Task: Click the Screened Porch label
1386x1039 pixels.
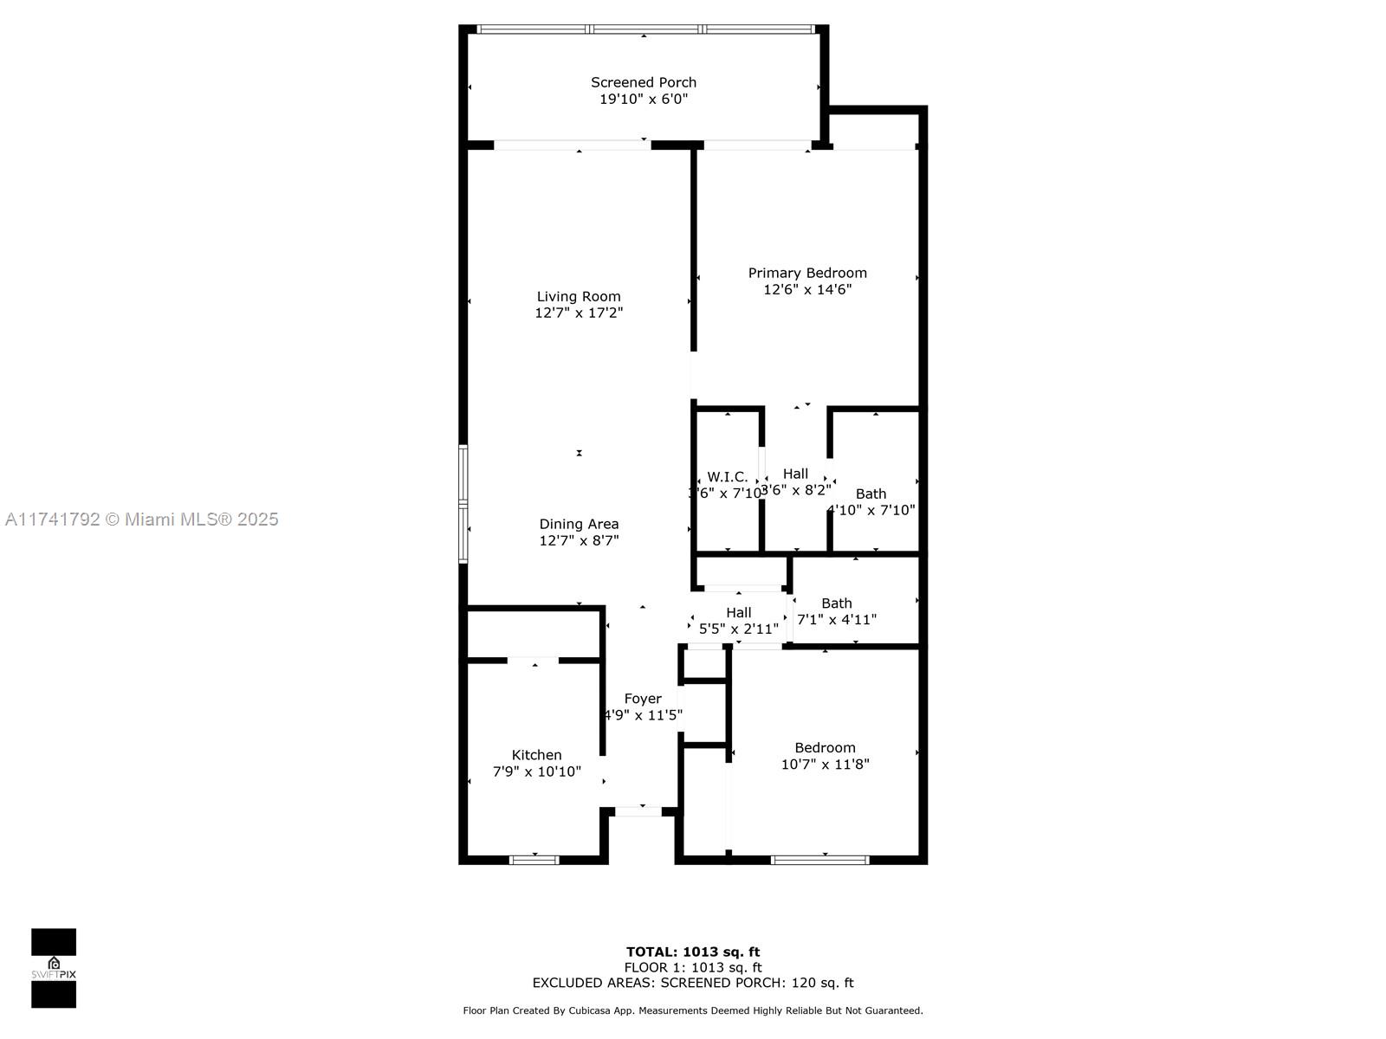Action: tap(644, 82)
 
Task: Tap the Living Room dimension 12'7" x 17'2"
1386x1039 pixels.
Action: tap(579, 313)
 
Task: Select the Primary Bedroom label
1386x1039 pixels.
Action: tap(807, 273)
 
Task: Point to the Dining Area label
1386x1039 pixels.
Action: tap(579, 524)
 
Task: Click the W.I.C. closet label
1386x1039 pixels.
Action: tap(728, 477)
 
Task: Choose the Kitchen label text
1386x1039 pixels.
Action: tap(536, 755)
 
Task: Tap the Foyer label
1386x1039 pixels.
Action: tap(643, 699)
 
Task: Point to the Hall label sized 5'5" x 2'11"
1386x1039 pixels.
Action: tap(739, 613)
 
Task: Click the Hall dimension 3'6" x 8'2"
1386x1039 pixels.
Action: tap(795, 490)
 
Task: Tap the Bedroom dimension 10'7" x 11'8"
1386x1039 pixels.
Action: tap(825, 764)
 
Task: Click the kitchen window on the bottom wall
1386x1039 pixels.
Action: tap(534, 860)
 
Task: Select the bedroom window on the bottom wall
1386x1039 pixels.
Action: tap(820, 860)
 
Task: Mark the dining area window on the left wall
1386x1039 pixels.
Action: tap(463, 504)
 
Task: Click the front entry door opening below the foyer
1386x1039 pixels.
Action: tap(638, 811)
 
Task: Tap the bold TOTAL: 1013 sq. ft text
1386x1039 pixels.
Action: tap(693, 952)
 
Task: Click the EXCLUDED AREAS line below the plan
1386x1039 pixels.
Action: tap(693, 983)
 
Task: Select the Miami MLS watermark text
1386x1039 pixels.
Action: tap(142, 519)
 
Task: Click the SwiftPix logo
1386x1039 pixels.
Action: tap(54, 968)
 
